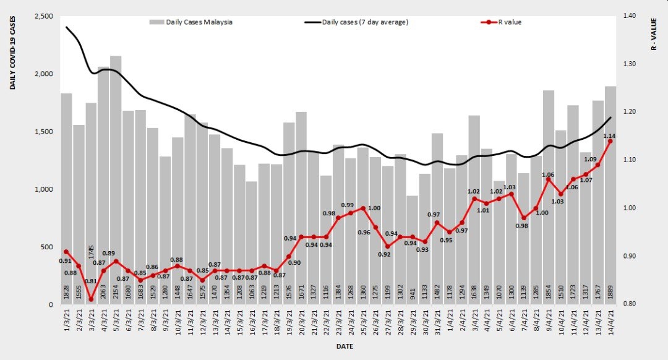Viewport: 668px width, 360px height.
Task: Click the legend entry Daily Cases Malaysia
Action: pos(191,22)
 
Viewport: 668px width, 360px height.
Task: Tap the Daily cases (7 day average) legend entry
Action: pos(357,22)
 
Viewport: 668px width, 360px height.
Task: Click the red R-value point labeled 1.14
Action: pos(610,141)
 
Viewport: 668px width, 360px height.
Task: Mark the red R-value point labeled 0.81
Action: pos(91,299)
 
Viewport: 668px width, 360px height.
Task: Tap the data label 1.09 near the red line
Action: pos(590,159)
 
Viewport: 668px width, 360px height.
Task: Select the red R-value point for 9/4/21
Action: pos(549,179)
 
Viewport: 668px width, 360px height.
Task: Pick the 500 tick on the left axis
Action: pos(47,247)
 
